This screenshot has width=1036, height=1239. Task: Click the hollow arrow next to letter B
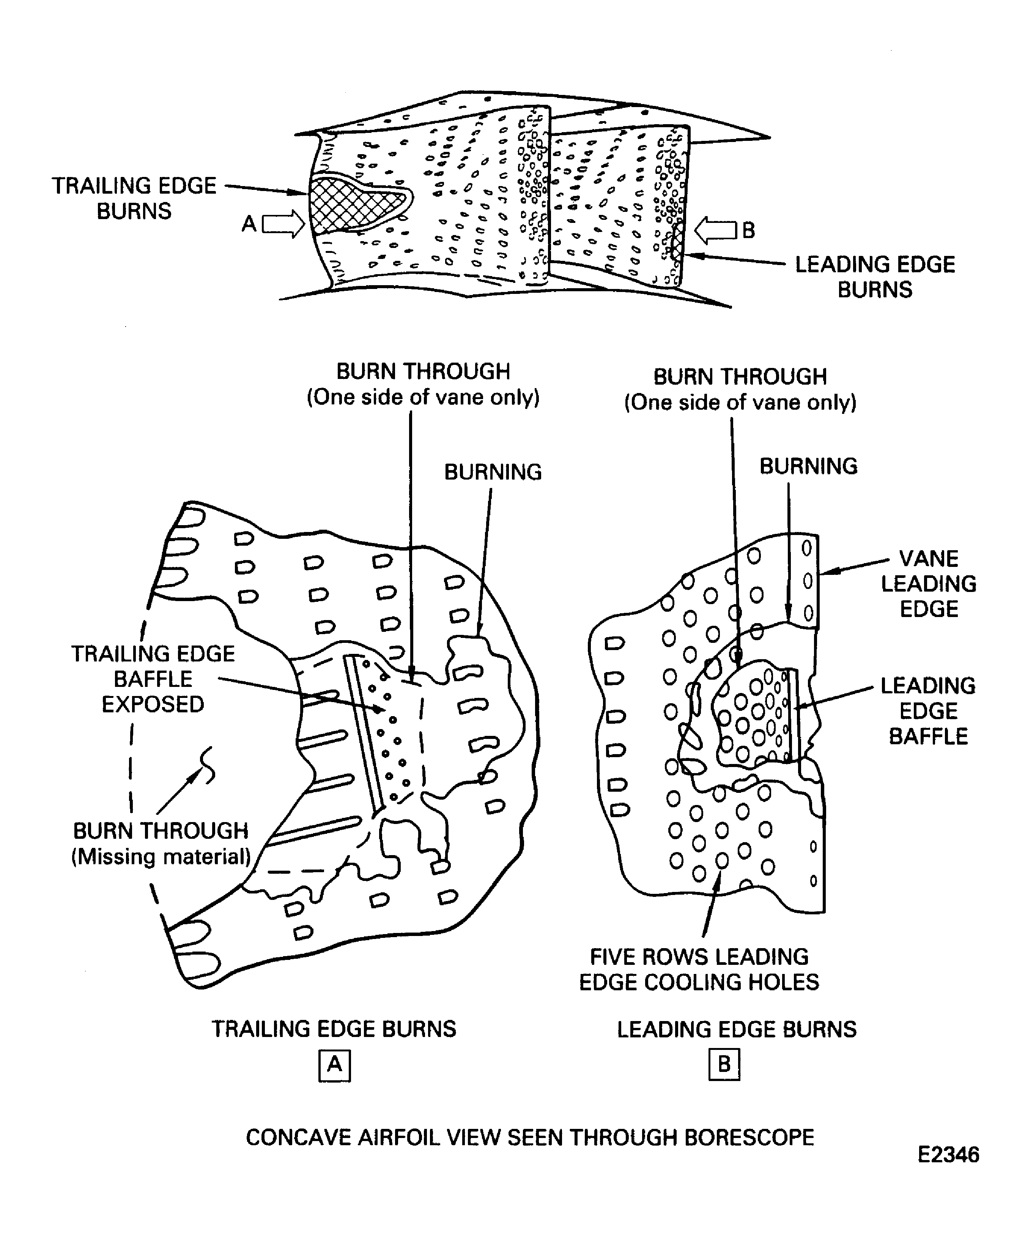[715, 230]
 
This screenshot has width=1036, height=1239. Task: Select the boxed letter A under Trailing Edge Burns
[334, 1065]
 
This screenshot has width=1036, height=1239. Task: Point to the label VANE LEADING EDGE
[928, 584]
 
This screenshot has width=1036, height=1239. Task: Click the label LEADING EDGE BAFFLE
[928, 711]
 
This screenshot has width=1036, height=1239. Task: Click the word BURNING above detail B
[808, 467]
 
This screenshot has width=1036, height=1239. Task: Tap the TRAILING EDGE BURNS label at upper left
[134, 198]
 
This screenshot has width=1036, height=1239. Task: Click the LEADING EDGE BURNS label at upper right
[875, 277]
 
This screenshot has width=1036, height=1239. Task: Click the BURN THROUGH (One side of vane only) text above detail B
[740, 390]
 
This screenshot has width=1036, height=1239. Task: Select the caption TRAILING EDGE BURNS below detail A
[334, 1029]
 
